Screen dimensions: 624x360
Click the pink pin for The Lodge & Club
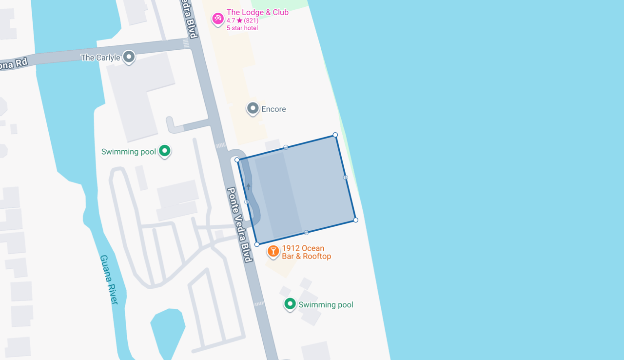coord(217,19)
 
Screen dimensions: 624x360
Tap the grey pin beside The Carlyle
coord(129,57)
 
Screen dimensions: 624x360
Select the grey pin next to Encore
coord(253,108)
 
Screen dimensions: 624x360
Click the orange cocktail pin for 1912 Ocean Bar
coord(273,251)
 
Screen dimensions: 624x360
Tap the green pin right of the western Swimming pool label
coord(165,151)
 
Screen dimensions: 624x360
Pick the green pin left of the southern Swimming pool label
coord(290,304)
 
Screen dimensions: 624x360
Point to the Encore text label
coord(273,109)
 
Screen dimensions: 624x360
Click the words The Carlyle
coord(100,58)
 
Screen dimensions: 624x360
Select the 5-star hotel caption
coord(242,28)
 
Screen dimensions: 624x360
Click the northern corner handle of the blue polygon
coord(335,135)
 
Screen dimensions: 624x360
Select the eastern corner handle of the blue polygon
coord(356,220)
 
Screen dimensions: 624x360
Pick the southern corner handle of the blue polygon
coord(257,244)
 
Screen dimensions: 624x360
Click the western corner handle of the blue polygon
coord(237,160)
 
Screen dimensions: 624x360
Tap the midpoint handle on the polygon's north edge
coord(286,147)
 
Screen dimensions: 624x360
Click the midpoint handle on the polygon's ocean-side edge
coord(346,178)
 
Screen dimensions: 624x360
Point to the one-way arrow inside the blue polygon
coord(248,186)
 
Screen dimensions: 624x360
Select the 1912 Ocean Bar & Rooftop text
coord(306,252)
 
